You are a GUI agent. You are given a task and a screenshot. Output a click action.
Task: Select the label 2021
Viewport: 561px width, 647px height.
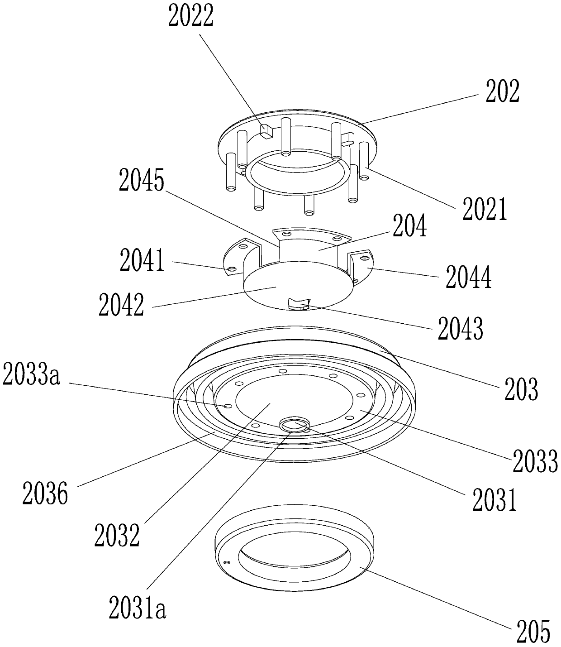coord(485,209)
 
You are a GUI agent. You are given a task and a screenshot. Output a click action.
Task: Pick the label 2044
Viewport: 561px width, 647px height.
coord(469,277)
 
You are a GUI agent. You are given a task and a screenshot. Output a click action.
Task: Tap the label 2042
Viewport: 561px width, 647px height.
coord(121,305)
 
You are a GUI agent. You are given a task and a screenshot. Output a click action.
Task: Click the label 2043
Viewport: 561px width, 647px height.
coord(460,329)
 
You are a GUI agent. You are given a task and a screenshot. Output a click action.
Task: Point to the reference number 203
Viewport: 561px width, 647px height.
coord(522,389)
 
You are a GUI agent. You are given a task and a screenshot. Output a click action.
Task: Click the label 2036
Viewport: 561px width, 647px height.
coord(45,494)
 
